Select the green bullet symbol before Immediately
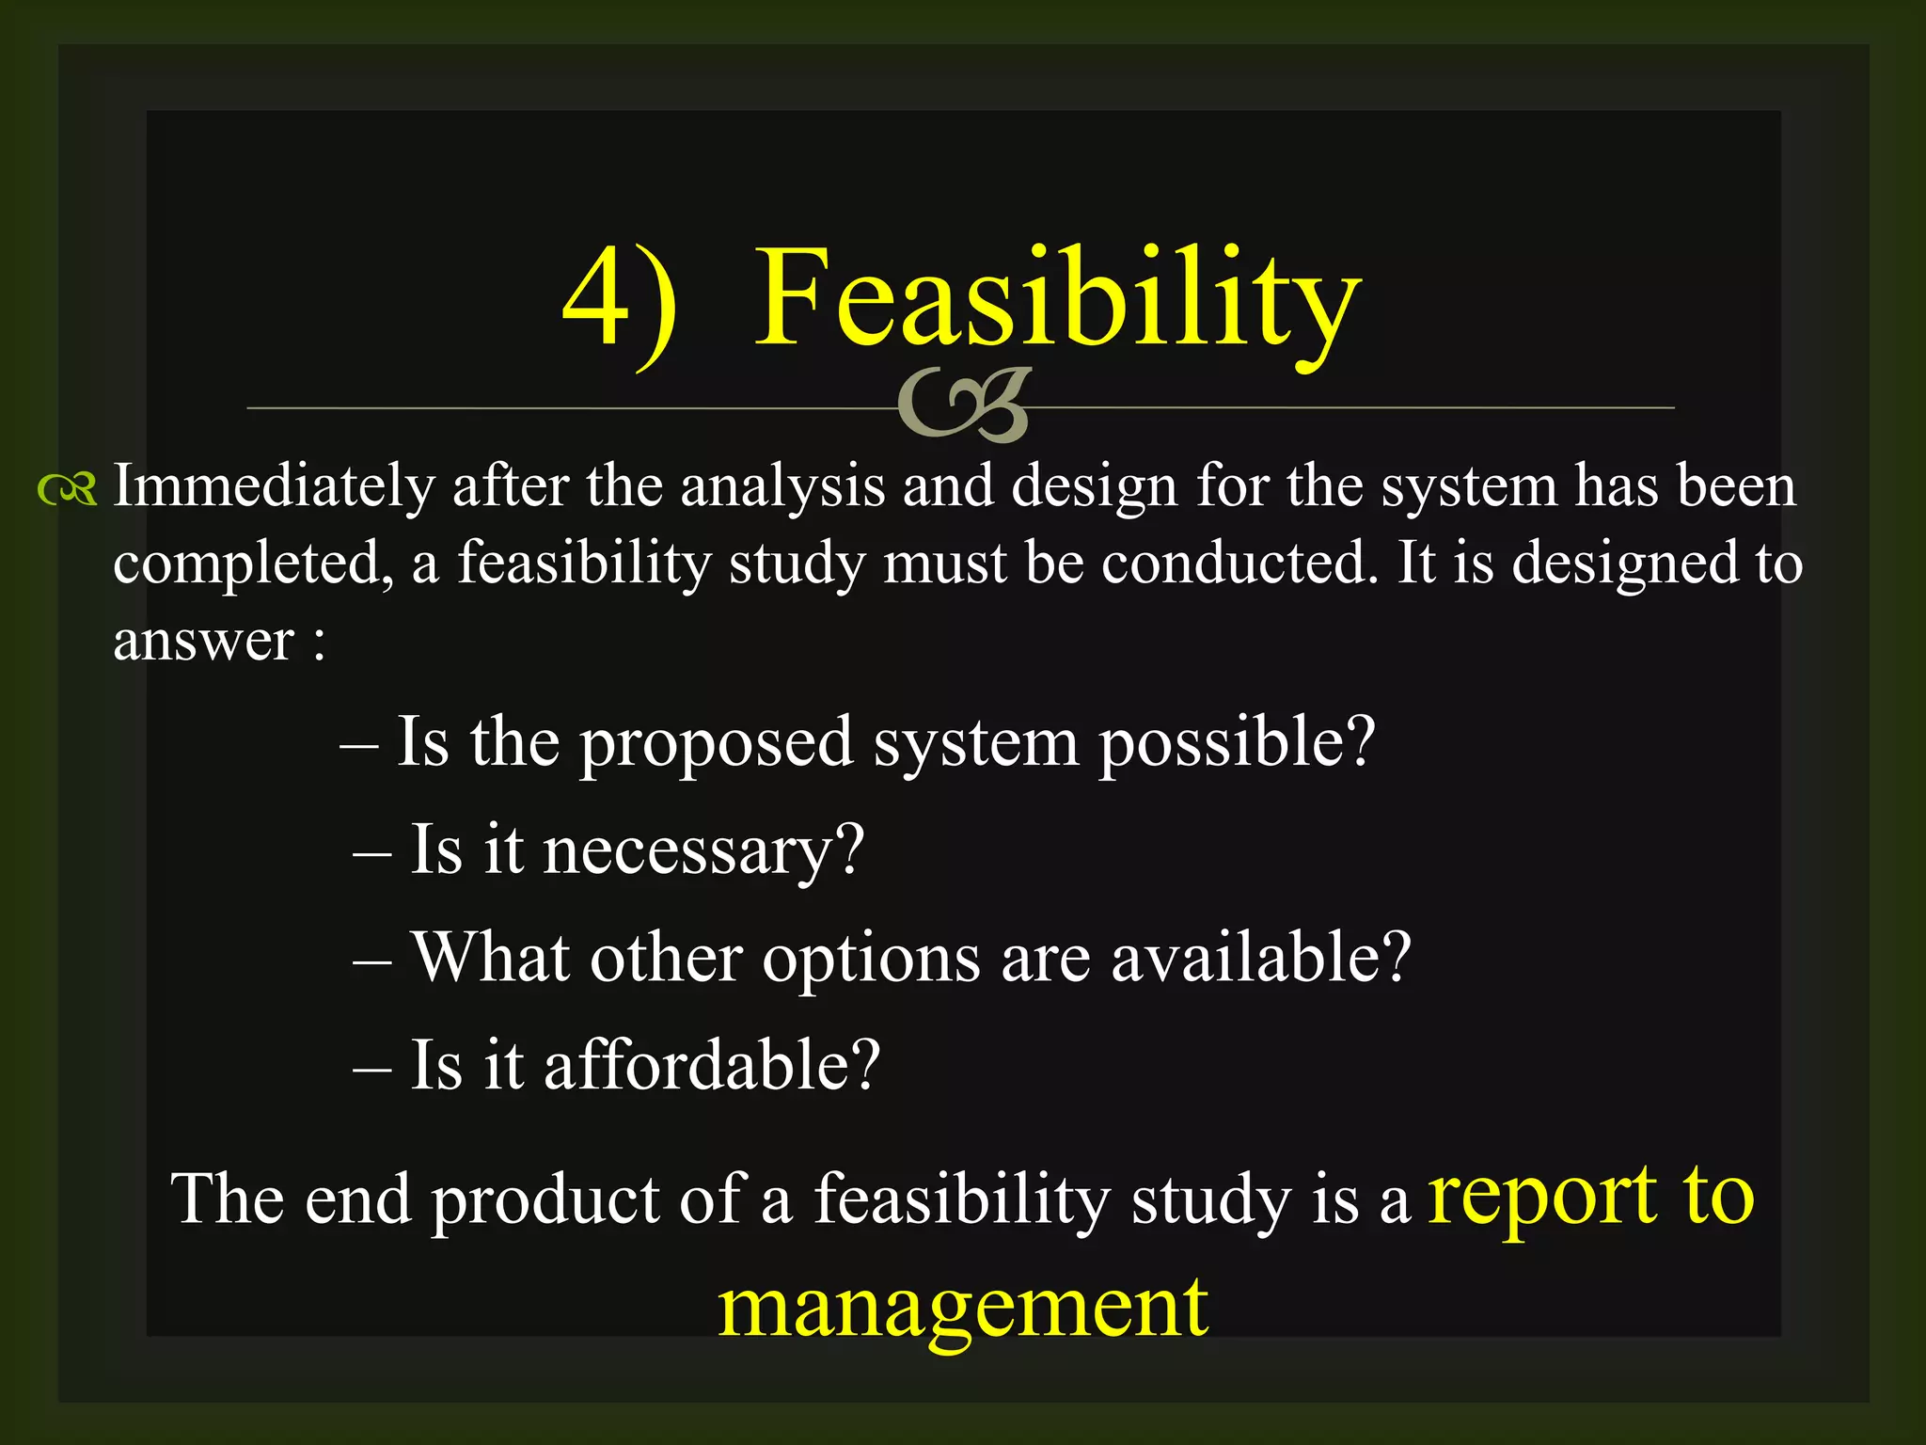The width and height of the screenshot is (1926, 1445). coord(67,489)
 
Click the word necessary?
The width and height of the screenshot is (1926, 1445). coord(703,851)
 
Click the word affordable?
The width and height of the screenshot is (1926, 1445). coord(712,1066)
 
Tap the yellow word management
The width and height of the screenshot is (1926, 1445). coord(963,1310)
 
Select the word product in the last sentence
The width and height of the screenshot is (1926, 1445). coord(545,1202)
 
